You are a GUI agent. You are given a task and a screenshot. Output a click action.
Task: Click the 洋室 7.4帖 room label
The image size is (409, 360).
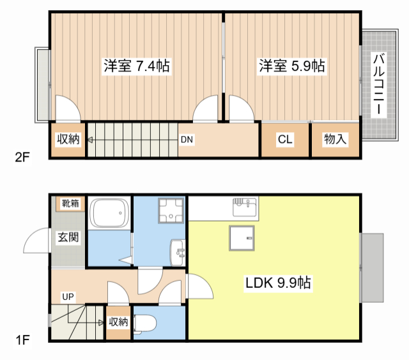(x=136, y=66)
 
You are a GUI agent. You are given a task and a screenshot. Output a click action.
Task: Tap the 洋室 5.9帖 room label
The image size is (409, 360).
(x=292, y=66)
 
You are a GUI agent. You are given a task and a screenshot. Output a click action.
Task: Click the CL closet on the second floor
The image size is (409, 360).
(x=285, y=139)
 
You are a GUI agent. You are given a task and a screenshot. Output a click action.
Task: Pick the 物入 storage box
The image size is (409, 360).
(x=335, y=139)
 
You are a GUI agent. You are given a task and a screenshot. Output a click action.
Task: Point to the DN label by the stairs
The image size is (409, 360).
(x=187, y=139)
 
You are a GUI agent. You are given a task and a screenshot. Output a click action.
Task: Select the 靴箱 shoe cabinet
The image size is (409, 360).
(x=70, y=204)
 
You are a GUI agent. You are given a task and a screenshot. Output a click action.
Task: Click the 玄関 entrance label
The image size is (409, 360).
(x=68, y=238)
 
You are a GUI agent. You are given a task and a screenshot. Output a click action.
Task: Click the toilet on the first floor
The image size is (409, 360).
(x=143, y=324)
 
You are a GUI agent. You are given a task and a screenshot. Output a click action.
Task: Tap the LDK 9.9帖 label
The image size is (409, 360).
(x=278, y=283)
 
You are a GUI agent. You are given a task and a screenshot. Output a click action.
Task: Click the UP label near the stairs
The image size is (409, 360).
(x=68, y=296)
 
